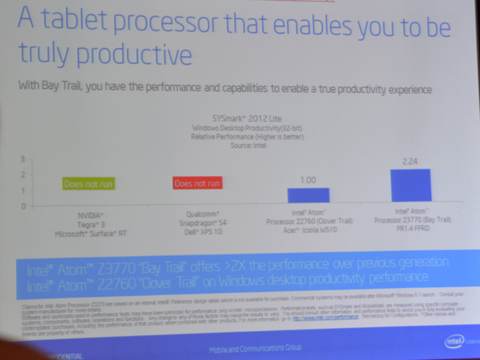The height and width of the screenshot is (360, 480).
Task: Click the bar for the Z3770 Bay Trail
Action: tap(410, 185)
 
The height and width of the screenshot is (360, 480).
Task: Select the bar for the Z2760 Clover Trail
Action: tap(308, 195)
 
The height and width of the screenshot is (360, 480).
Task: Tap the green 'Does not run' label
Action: tap(88, 184)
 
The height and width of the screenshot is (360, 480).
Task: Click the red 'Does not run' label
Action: tap(197, 183)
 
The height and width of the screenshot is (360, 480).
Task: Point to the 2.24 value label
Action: tap(410, 161)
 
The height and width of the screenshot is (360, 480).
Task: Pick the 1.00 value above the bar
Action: tap(307, 179)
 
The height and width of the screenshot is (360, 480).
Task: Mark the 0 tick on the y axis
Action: tap(23, 206)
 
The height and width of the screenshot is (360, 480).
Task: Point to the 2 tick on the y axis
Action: tap(22, 175)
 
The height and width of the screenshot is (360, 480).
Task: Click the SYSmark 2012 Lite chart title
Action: tap(247, 119)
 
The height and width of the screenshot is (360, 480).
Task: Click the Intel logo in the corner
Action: tap(454, 341)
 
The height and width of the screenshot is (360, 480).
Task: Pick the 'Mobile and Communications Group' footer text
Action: tap(255, 348)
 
